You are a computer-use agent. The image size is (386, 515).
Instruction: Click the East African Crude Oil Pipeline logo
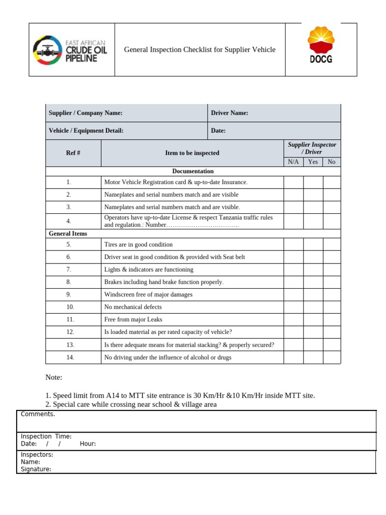(x=70, y=50)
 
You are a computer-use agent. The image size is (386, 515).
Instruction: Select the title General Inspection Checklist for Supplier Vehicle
(x=200, y=49)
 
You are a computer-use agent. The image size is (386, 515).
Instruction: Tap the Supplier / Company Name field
(x=126, y=113)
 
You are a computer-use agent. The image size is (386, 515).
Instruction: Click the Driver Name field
(x=274, y=113)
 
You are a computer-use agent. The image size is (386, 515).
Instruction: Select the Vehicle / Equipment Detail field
(x=126, y=131)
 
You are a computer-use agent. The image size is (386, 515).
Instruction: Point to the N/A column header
(x=293, y=162)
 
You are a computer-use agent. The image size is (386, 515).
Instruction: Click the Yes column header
(x=313, y=162)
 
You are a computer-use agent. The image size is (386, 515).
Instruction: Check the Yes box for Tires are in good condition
(x=313, y=244)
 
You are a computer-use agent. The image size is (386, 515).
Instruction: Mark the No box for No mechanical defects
(x=331, y=307)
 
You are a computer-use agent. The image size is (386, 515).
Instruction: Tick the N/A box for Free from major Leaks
(x=293, y=319)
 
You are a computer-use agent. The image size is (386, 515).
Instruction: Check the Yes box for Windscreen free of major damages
(x=313, y=295)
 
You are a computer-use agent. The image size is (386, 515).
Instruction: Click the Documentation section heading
(x=193, y=171)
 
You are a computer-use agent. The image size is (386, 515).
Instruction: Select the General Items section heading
(x=68, y=234)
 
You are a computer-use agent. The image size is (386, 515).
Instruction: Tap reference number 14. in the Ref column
(x=70, y=358)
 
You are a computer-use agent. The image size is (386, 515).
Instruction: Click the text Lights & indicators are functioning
(x=148, y=270)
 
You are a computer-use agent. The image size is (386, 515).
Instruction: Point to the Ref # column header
(x=73, y=153)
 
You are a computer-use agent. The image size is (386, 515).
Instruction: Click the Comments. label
(x=38, y=414)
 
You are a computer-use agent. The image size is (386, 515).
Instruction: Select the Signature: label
(x=36, y=469)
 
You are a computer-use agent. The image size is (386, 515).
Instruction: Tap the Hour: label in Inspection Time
(x=87, y=444)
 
